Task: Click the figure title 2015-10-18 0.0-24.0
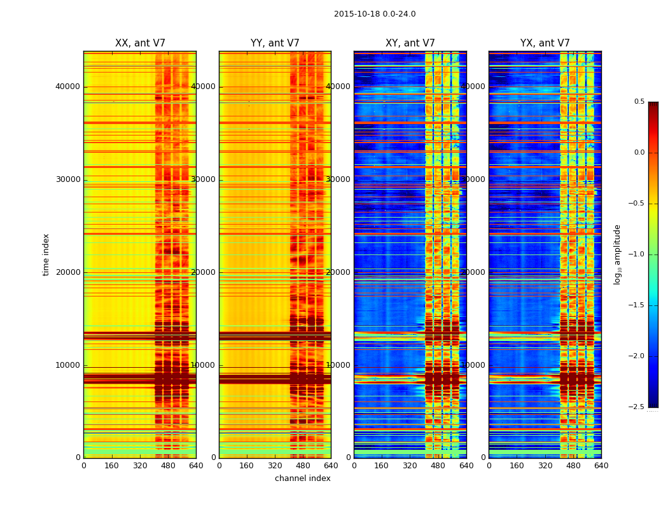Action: coord(375,14)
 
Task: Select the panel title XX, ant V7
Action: coord(140,43)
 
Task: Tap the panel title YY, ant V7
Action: coord(275,43)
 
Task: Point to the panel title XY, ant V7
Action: coord(410,43)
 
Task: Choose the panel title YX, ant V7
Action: coord(545,43)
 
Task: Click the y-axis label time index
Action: coord(46,254)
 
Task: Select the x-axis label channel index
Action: coord(303,478)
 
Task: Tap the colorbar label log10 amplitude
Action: coord(617,254)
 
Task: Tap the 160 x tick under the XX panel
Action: coord(112,466)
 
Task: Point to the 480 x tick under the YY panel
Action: coord(303,466)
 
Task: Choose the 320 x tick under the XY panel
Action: coord(410,466)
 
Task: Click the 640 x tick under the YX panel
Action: coord(601,466)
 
